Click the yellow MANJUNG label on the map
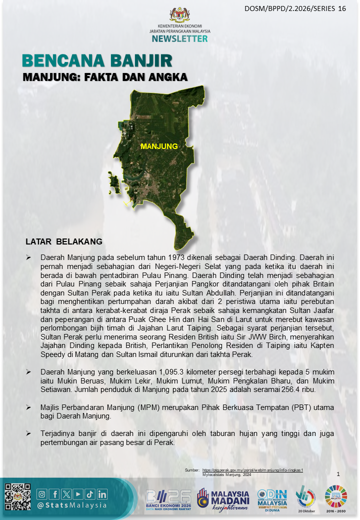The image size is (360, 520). click(x=159, y=146)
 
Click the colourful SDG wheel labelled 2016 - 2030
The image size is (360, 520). click(x=336, y=496)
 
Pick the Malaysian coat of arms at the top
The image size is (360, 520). click(x=179, y=14)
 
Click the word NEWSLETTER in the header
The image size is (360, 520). click(x=179, y=38)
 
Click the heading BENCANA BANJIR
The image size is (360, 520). click(x=97, y=61)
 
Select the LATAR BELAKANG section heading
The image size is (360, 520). click(x=64, y=241)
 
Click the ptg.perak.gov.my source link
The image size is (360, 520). click(x=253, y=470)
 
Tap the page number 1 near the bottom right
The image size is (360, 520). click(x=338, y=474)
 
